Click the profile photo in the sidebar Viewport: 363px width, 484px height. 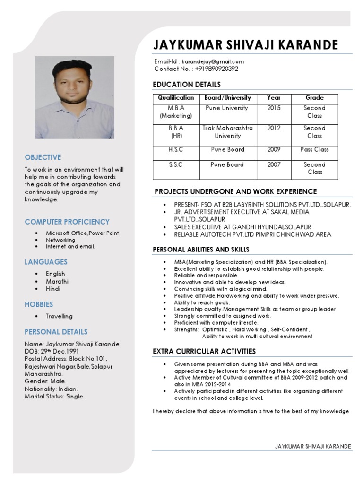pyautogui.click(x=74, y=97)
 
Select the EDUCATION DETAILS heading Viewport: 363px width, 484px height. pyautogui.click(x=187, y=85)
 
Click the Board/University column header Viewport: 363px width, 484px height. pyautogui.click(x=227, y=98)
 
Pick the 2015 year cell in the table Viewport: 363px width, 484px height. pyautogui.click(x=274, y=108)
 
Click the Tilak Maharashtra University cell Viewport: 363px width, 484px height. pyautogui.click(x=227, y=132)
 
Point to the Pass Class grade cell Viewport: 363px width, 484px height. pyautogui.click(x=314, y=149)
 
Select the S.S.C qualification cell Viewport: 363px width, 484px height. pyautogui.click(x=176, y=164)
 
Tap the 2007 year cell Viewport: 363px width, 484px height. pyautogui.click(x=274, y=164)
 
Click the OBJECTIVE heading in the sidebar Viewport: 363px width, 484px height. pyautogui.click(x=43, y=157)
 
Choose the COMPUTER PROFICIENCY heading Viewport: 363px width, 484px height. pyautogui.click(x=67, y=222)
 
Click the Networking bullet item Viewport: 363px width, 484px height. pyautogui.click(x=60, y=240)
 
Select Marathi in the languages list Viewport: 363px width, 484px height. pyautogui.click(x=57, y=281)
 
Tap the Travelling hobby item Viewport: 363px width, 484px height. pyautogui.click(x=59, y=316)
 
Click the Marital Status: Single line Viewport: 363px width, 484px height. pyautogui.click(x=54, y=397)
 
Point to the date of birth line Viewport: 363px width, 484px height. pyautogui.click(x=52, y=351)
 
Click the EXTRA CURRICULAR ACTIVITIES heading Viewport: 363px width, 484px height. pyautogui.click(x=204, y=351)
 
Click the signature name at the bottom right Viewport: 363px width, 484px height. pyautogui.click(x=313, y=446)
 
